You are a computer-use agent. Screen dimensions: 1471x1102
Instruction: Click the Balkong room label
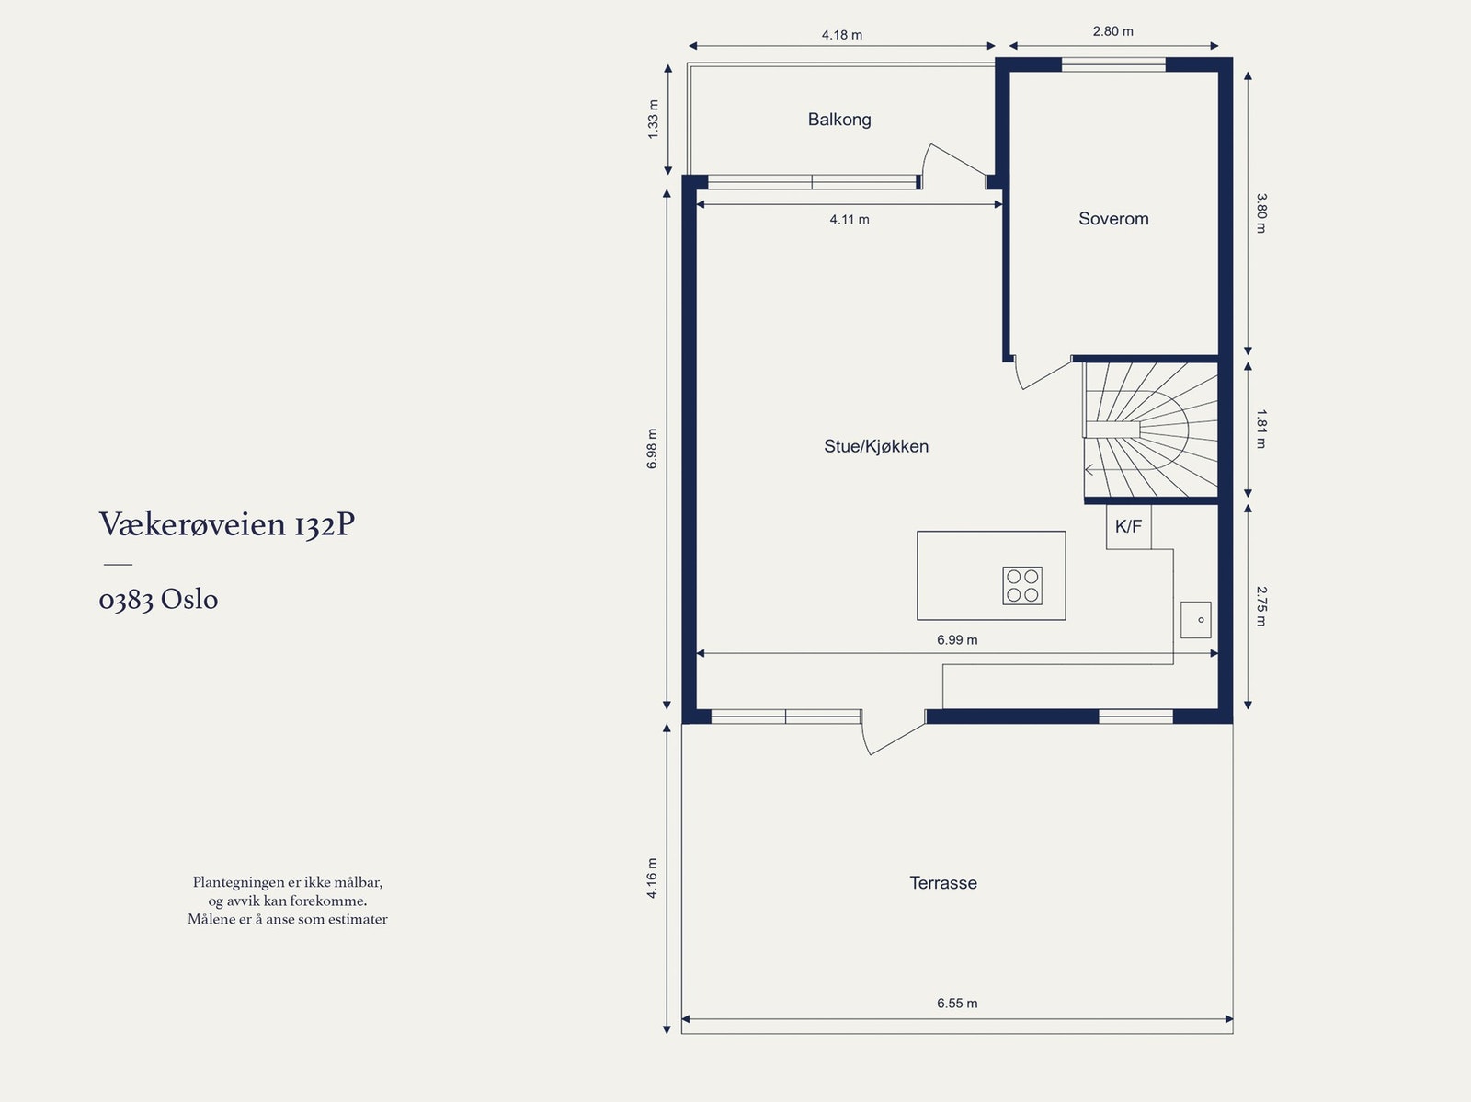click(x=839, y=120)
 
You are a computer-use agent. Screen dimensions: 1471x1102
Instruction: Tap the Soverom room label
click(x=1113, y=219)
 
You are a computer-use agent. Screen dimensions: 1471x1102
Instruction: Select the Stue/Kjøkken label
click(x=876, y=446)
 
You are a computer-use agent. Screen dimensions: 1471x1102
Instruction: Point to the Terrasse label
click(x=943, y=883)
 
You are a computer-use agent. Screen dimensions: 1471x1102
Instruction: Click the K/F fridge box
click(x=1129, y=527)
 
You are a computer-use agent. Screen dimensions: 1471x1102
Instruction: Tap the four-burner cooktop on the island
click(x=1022, y=586)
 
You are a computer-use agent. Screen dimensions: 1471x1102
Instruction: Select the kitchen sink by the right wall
click(x=1195, y=620)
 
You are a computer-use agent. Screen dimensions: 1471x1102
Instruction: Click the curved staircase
click(x=1151, y=430)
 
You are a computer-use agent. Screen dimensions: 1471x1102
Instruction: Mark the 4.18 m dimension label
click(x=842, y=35)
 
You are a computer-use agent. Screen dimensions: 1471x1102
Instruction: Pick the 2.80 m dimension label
click(x=1112, y=31)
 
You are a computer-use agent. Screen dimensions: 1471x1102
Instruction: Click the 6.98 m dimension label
click(x=652, y=449)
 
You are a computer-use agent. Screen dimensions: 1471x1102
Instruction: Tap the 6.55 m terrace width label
click(x=957, y=1004)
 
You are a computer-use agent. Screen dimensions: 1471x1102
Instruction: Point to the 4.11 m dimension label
click(x=850, y=219)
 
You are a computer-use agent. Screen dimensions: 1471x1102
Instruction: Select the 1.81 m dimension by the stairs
click(x=1261, y=429)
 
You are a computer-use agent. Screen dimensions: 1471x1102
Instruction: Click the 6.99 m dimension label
click(x=957, y=640)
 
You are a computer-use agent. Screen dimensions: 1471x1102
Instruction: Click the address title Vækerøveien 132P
click(x=226, y=524)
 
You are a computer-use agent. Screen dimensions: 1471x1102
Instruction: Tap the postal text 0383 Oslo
click(x=158, y=599)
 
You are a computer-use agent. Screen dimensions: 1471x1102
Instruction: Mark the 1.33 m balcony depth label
click(x=653, y=120)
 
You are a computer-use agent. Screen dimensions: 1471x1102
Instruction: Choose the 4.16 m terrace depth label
click(x=652, y=878)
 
